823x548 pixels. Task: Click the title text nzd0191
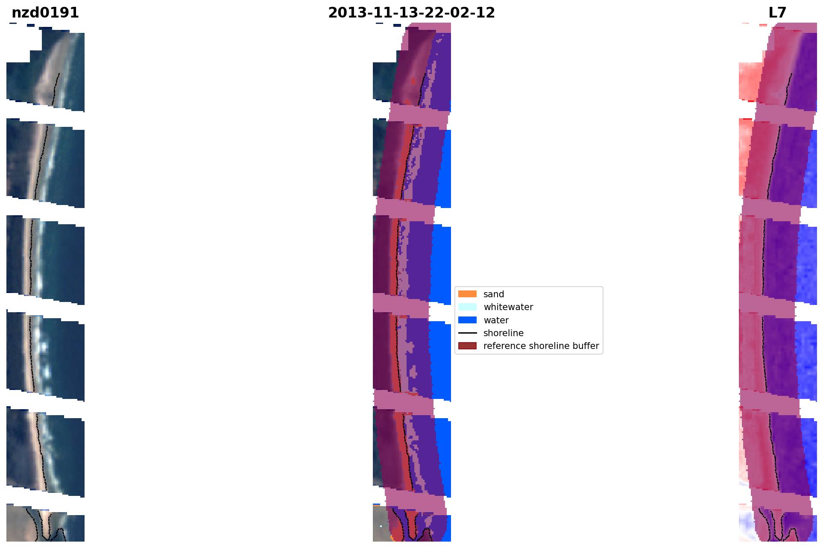pyautogui.click(x=45, y=13)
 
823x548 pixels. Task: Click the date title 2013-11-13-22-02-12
pyautogui.click(x=411, y=13)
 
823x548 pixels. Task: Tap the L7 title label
pyautogui.click(x=777, y=13)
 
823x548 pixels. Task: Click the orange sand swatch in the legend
pyautogui.click(x=467, y=294)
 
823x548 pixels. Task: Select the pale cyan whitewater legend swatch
pyautogui.click(x=467, y=307)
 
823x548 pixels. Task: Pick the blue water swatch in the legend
pyautogui.click(x=467, y=320)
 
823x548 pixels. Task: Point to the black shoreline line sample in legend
pyautogui.click(x=467, y=333)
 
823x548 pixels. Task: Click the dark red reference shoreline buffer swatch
pyautogui.click(x=467, y=346)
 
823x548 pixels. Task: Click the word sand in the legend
pyautogui.click(x=494, y=294)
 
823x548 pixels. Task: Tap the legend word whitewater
pyautogui.click(x=508, y=307)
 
